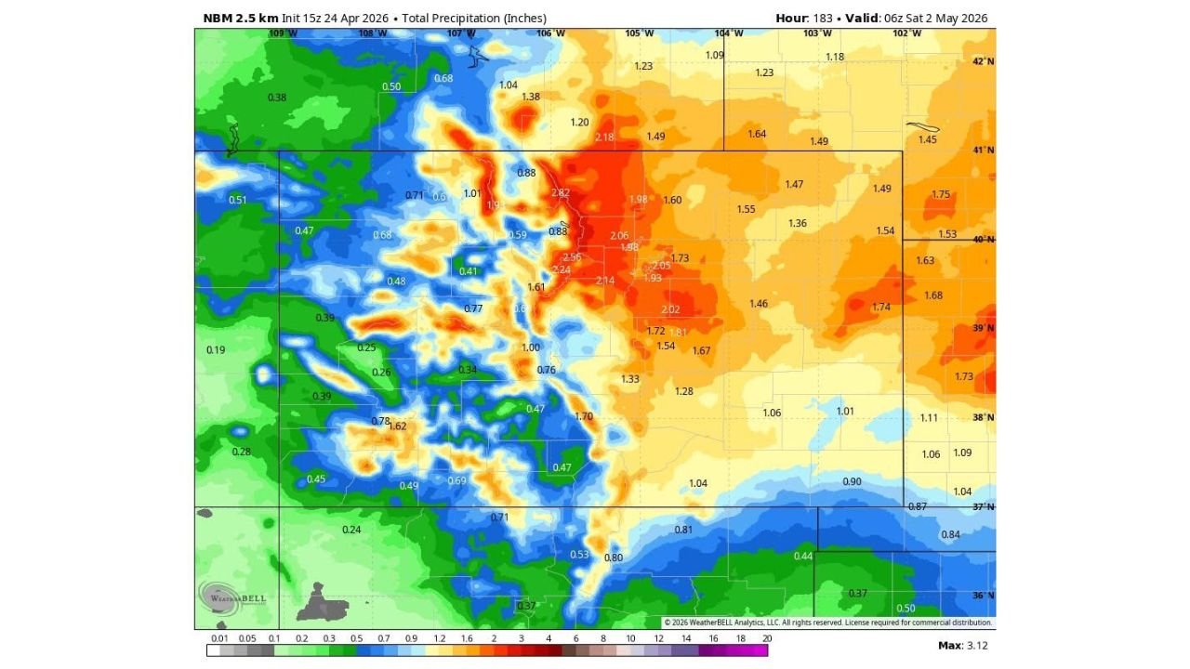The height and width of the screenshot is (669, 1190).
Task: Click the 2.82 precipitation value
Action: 560,193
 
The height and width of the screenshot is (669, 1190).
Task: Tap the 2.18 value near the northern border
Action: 604,138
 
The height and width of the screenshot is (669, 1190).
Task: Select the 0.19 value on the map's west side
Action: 215,350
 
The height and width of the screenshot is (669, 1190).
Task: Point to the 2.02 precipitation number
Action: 670,310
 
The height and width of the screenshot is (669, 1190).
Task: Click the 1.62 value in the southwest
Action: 397,426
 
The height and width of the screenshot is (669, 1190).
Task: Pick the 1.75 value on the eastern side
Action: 941,195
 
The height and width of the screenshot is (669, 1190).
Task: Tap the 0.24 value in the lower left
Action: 351,530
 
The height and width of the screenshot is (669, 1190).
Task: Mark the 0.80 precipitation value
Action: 614,557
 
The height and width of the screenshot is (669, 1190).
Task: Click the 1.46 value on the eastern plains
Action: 759,304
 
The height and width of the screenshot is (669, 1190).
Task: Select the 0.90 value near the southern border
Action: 852,481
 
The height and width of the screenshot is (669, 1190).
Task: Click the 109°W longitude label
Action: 283,33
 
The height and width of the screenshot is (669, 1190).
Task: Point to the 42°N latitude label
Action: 983,61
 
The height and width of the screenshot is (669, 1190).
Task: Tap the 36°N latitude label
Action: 983,596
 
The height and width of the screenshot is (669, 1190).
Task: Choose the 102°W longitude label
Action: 906,33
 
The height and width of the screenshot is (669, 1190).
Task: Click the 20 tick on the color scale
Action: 766,638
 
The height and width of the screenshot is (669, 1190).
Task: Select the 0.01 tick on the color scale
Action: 219,638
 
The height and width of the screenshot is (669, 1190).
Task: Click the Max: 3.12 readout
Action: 962,645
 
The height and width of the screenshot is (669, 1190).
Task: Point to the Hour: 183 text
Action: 804,19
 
